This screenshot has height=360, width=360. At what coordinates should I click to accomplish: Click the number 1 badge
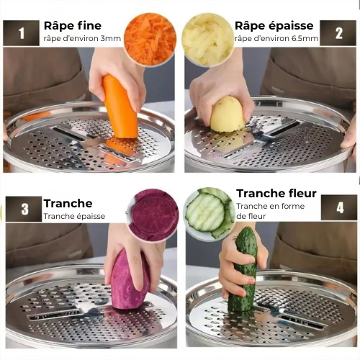coord(21,32)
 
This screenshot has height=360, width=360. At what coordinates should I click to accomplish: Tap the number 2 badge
coord(338,33)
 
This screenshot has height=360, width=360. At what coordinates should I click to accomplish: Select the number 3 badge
coord(24,209)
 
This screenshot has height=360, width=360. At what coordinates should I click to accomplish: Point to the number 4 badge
coord(338,208)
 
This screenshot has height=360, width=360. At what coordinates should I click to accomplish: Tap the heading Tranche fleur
coord(276,194)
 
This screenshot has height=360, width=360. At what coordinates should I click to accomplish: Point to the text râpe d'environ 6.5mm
coord(276,38)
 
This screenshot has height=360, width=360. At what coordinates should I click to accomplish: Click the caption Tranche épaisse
coord(74,216)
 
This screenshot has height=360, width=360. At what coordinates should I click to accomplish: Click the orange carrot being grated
coord(120,107)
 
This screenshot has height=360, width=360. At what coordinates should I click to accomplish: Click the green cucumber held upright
coord(243,269)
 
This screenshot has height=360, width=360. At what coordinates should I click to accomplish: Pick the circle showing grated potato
coord(207,39)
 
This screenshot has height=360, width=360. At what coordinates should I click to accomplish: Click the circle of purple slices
coord(154,215)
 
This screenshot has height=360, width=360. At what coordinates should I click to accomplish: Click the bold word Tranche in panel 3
coord(68,203)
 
